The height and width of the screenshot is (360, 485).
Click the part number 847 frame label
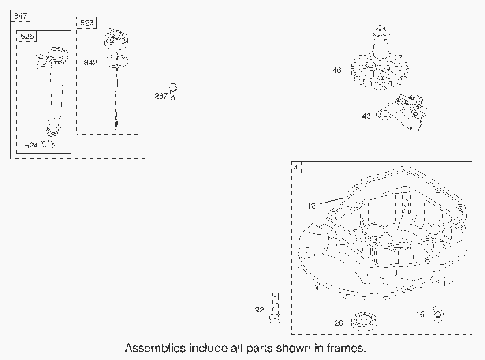pos(20,16)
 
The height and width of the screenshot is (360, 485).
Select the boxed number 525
pos(27,37)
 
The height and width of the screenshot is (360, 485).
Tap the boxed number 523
pos(86,22)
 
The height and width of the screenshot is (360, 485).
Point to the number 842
pos(91,63)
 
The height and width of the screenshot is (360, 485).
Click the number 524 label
pos(31,146)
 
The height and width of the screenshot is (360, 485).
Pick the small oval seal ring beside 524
pos(48,144)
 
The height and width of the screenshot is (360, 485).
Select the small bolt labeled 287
pos(173,92)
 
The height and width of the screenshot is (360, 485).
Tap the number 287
pos(161,96)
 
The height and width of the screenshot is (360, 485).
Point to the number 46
pos(336,70)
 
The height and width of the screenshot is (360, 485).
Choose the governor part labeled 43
pos(402,112)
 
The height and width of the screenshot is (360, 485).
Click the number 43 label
pos(366,116)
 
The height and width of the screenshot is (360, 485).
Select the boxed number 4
pos(296,168)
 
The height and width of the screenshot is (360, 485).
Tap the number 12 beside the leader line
pos(311,206)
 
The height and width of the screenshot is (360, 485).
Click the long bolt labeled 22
pos(275,307)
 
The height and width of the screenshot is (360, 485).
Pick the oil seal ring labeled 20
pos(364,322)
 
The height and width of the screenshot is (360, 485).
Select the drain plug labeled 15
pos(437,314)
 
